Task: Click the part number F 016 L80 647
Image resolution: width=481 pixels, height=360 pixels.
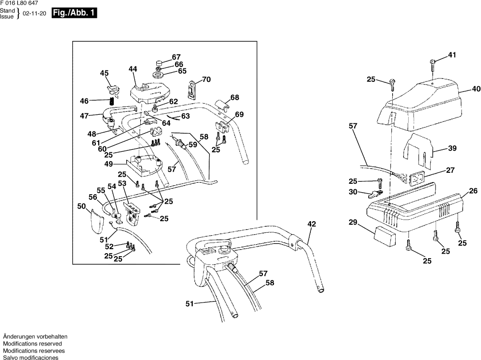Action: click(x=19, y=3)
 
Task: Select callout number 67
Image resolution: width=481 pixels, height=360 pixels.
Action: click(x=176, y=57)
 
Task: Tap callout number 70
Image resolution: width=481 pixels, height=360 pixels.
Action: click(x=206, y=79)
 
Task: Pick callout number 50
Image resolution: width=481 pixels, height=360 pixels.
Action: click(x=81, y=206)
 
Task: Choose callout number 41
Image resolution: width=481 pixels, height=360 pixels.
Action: click(x=452, y=55)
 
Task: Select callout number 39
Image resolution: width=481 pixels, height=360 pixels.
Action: click(x=452, y=149)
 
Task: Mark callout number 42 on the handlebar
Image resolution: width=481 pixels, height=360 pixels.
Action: click(x=312, y=224)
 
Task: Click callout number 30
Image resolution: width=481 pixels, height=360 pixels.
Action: click(x=353, y=192)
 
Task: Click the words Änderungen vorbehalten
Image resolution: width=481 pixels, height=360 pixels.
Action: click(x=35, y=337)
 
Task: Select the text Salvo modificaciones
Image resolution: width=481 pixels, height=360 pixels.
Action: click(x=30, y=358)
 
